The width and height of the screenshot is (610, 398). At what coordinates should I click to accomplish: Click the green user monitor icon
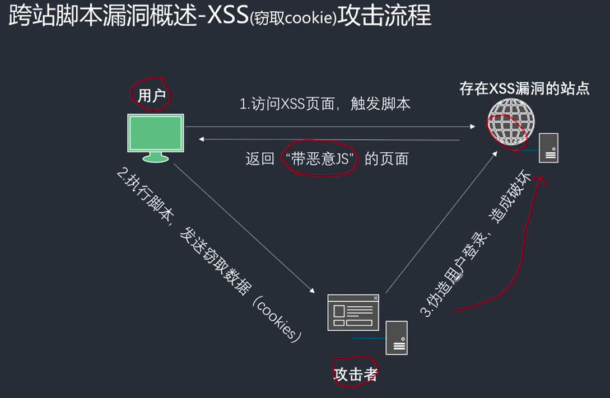tap(156, 134)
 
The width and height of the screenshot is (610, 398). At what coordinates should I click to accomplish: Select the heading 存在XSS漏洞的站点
tap(524, 89)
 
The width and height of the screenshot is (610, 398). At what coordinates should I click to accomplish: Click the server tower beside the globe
tap(548, 147)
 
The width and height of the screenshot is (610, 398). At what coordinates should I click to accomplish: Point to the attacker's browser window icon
tap(352, 312)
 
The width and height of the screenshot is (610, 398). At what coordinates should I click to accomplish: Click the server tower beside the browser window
tap(397, 337)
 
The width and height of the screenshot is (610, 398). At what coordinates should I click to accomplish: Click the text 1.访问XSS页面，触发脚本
tap(325, 104)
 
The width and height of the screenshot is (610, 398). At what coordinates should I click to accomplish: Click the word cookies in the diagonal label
tap(278, 319)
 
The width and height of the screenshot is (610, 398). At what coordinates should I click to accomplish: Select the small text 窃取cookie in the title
tap(294, 18)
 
